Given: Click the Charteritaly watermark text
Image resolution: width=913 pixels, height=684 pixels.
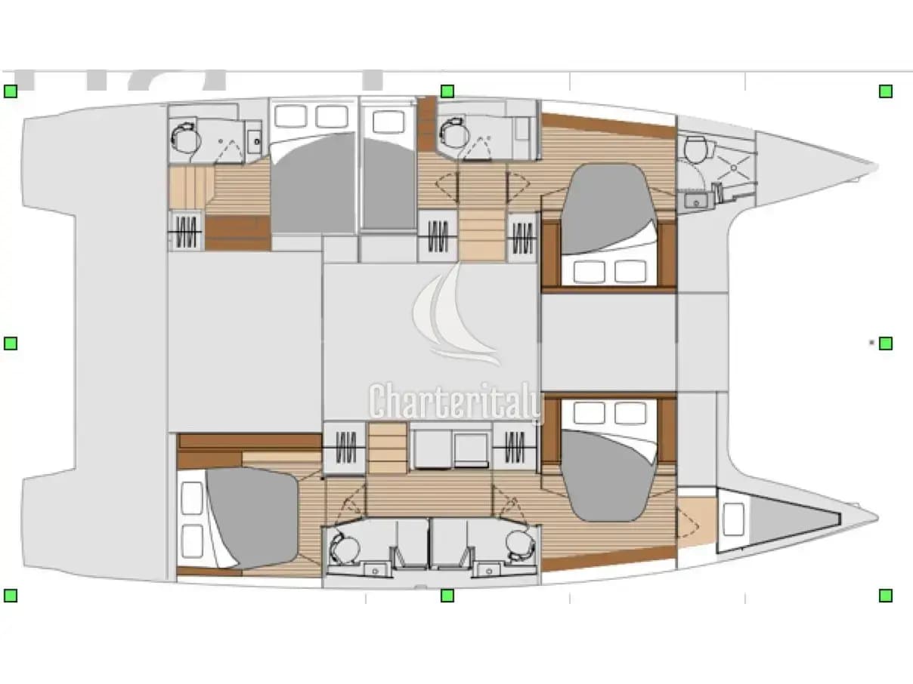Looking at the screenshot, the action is point(456,402).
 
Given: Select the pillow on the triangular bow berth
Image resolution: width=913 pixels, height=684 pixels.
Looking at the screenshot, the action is point(734,519).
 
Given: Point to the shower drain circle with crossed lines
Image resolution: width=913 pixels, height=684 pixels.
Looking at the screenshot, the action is point(734,168).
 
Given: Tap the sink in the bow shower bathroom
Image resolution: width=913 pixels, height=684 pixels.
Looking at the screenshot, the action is point(697,202).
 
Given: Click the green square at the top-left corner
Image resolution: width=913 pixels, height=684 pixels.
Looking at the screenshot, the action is point(11,91).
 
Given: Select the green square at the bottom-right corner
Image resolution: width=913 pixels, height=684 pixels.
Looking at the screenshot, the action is point(886,596).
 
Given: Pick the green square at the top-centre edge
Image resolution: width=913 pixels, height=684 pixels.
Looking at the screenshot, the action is point(447,91).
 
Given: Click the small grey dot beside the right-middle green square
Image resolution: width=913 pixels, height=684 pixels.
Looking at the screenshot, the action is point(871,343).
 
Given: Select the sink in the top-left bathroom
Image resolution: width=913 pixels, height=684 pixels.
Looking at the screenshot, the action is point(254,139).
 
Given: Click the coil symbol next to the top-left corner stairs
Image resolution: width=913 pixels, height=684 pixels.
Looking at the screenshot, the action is point(185,231).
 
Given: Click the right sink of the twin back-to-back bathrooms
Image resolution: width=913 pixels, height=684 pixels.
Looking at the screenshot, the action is point(488,570).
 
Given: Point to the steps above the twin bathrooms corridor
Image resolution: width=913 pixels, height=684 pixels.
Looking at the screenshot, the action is point(388,448).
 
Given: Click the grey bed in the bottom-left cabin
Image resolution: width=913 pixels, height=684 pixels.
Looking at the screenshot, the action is point(252,518).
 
